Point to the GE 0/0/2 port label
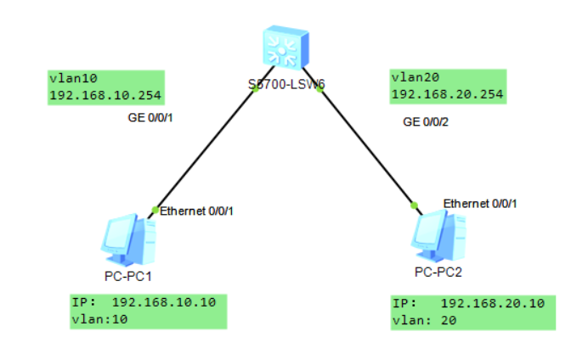pyautogui.click(x=426, y=122)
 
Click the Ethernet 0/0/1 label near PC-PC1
pyautogui.click(x=196, y=211)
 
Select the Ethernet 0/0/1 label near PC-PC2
pyautogui.click(x=480, y=203)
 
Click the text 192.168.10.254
pyautogui.click(x=106, y=94)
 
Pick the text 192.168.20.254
pyautogui.click(x=447, y=94)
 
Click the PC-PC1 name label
pyautogui.click(x=128, y=276)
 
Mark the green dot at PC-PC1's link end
pyautogui.click(x=155, y=209)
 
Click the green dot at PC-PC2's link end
pyautogui.click(x=414, y=205)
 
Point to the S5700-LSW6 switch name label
pyautogui.click(x=286, y=83)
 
